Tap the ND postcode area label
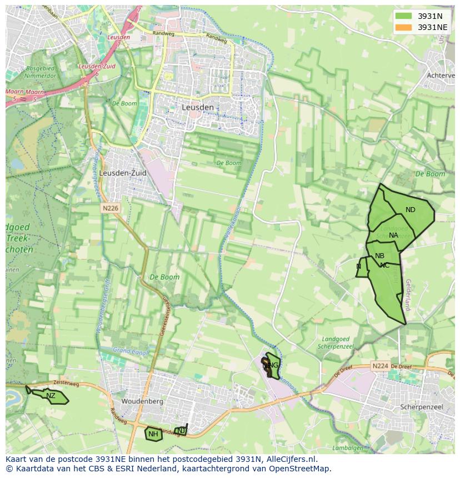(x=410, y=210)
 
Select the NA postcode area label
(x=393, y=235)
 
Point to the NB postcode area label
(x=379, y=256)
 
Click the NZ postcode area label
(x=51, y=396)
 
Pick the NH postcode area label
(x=153, y=434)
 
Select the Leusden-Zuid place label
(x=123, y=173)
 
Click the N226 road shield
(x=110, y=208)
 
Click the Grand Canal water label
(x=129, y=351)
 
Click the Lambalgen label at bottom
(x=348, y=448)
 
